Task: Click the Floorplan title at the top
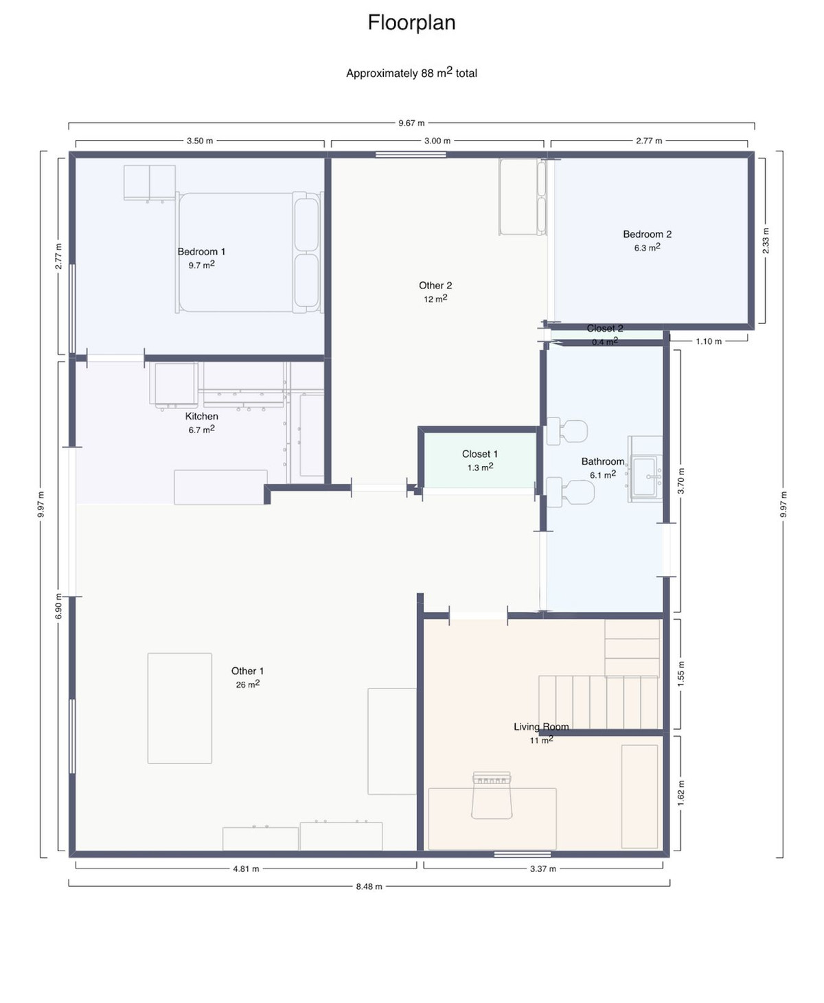[411, 23]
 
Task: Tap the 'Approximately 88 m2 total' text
[411, 73]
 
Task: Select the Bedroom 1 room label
[201, 252]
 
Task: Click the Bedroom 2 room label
[647, 234]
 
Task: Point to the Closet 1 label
[479, 454]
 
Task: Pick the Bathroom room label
[602, 461]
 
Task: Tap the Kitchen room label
[201, 416]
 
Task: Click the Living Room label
[541, 726]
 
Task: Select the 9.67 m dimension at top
[411, 124]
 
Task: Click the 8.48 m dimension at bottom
[369, 886]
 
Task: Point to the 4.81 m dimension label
[246, 868]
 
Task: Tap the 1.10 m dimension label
[709, 341]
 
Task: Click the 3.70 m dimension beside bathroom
[681, 481]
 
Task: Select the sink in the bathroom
[646, 474]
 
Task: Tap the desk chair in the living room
[492, 796]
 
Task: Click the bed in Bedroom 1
[247, 253]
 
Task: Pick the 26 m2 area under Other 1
[247, 684]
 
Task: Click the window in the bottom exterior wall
[512, 854]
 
